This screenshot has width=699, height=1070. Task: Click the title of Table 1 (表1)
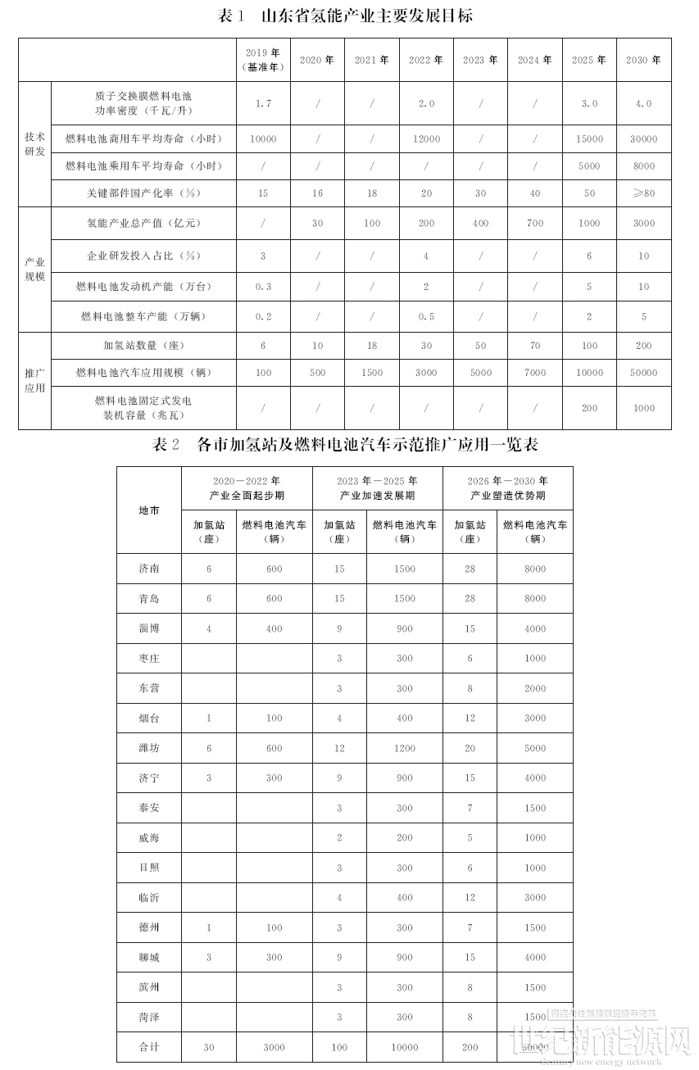point(345,16)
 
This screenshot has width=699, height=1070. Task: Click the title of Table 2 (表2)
point(345,445)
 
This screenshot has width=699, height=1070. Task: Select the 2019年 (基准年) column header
point(263,60)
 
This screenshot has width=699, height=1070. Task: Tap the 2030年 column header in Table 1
point(643,60)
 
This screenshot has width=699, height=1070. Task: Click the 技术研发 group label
point(35,145)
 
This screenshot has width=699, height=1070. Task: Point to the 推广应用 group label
point(35,380)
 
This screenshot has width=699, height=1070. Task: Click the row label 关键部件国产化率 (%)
point(143,193)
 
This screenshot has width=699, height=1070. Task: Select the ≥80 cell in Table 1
point(643,193)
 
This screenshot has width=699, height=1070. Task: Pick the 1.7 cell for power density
point(263,104)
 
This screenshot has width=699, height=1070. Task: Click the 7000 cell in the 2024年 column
point(534,373)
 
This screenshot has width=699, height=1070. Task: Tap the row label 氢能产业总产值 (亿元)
point(143,223)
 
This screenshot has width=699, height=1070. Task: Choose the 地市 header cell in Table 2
point(149,510)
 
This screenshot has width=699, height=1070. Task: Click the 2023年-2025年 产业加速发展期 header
point(377,488)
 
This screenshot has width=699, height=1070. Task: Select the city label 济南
point(149,569)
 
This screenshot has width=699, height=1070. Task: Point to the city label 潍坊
point(149,748)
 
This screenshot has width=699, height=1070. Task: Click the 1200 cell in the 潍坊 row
point(404,748)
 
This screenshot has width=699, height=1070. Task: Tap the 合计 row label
point(149,1047)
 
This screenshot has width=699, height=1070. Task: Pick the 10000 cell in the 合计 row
point(404,1047)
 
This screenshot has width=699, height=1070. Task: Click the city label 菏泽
point(149,1017)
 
